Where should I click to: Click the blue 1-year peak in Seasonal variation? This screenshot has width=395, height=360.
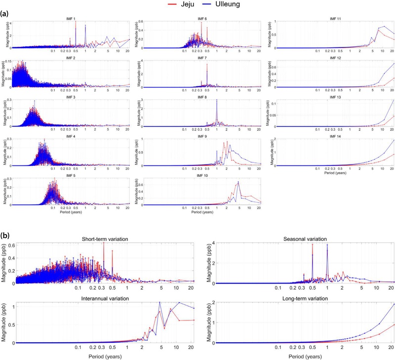point(327,245)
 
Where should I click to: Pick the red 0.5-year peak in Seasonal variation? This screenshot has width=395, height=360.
point(313,245)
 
